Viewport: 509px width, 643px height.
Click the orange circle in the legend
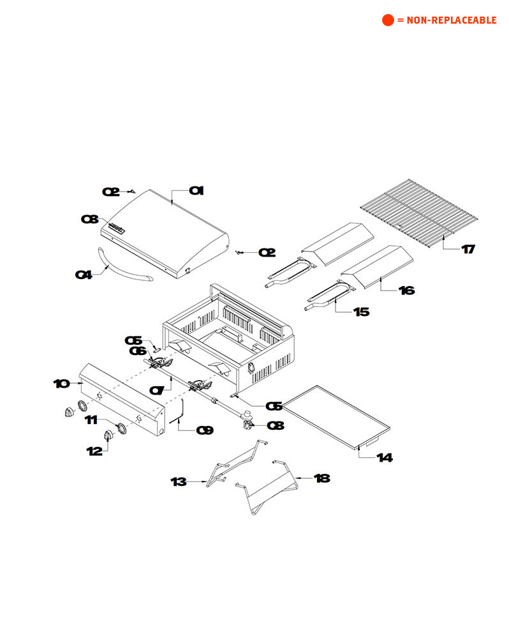(x=388, y=20)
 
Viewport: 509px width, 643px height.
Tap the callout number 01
(x=196, y=190)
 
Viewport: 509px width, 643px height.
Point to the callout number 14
(x=385, y=458)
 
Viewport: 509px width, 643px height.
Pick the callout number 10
(x=61, y=384)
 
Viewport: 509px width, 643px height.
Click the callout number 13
(x=179, y=481)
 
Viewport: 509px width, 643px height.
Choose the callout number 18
(x=322, y=478)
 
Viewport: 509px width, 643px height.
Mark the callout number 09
(x=205, y=430)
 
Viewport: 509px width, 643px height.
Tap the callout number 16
(x=406, y=291)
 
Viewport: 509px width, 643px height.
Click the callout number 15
(x=362, y=312)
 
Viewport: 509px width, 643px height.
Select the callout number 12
(x=94, y=451)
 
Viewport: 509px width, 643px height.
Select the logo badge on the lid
(x=118, y=227)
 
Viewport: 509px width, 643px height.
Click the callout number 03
(x=89, y=219)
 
